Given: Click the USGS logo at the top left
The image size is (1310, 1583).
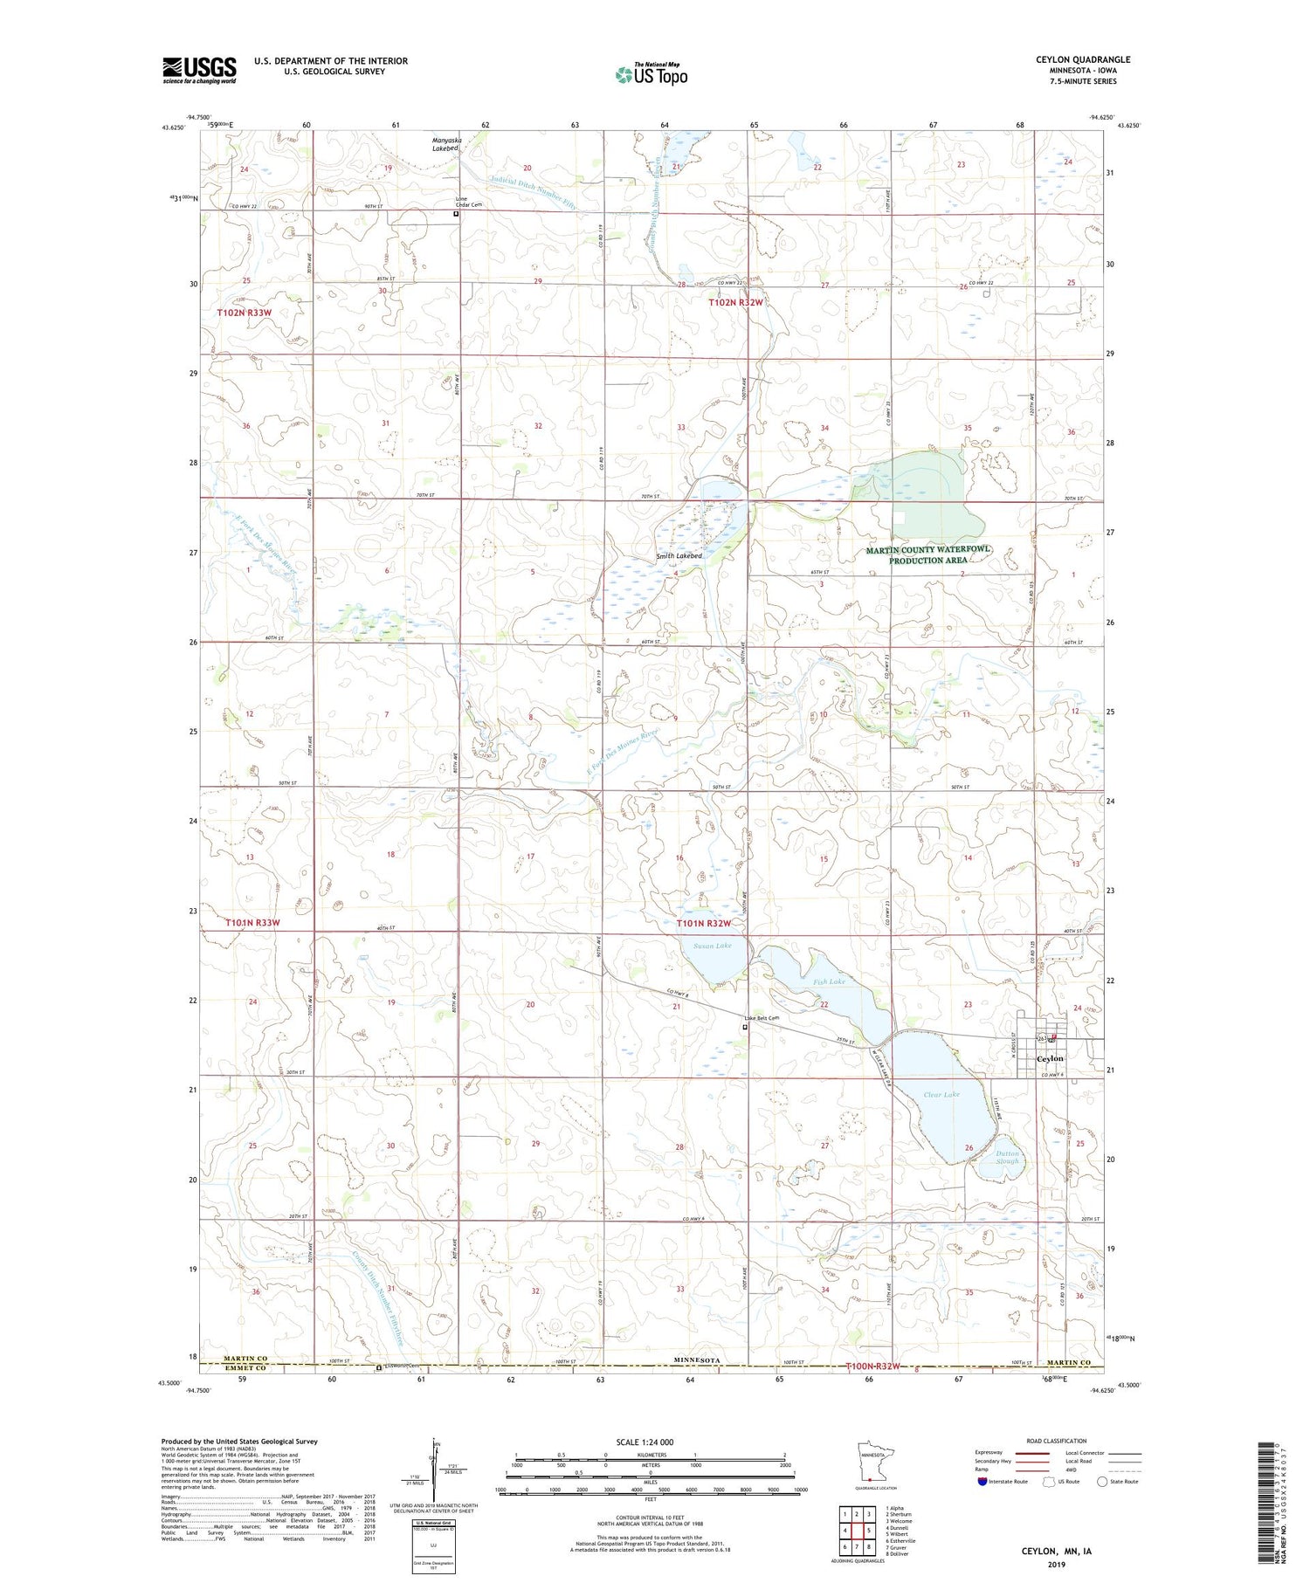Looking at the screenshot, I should (x=199, y=70).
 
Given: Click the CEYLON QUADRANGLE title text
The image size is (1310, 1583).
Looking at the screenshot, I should (x=1082, y=59).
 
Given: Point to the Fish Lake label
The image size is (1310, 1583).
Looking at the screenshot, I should (x=829, y=981).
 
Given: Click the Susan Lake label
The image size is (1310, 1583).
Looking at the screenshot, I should (x=712, y=946).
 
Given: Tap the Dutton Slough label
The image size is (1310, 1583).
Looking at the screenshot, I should (x=1007, y=1157).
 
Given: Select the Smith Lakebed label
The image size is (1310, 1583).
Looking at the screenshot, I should (x=679, y=555).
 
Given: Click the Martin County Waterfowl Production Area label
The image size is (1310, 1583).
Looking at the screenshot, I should (x=928, y=554).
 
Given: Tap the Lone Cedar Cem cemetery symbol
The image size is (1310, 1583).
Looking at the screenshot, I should (x=455, y=213).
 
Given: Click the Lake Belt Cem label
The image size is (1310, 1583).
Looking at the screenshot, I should (x=761, y=1018).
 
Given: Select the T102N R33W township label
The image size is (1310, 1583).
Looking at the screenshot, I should (x=244, y=312).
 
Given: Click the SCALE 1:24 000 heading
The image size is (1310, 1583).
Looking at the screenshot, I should (x=645, y=1442).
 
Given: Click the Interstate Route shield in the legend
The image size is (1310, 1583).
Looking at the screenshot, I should (x=982, y=1482).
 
